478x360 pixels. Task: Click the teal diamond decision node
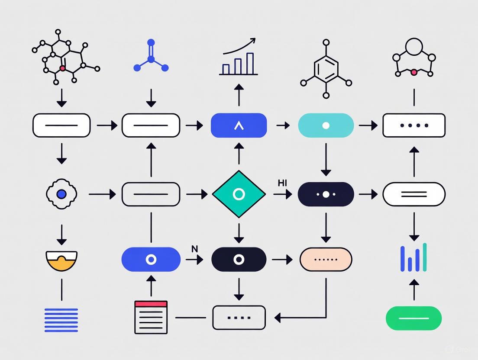tap(239, 194)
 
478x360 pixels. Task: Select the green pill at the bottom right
tap(413, 318)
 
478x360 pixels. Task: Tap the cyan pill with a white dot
tap(326, 125)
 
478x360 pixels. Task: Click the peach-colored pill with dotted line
tap(326, 260)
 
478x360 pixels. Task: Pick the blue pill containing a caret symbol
tap(239, 125)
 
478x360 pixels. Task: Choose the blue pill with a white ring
tap(151, 260)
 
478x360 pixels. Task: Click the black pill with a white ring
tap(239, 260)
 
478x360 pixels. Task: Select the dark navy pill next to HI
tap(326, 194)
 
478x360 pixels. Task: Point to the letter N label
tap(194, 249)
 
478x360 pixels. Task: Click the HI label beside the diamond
tap(282, 183)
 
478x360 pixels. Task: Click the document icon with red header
tap(151, 317)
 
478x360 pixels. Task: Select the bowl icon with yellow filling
tap(61, 260)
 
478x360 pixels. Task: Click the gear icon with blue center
tap(61, 194)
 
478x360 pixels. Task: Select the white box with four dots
tap(413, 125)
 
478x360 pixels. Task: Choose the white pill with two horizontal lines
tap(413, 194)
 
